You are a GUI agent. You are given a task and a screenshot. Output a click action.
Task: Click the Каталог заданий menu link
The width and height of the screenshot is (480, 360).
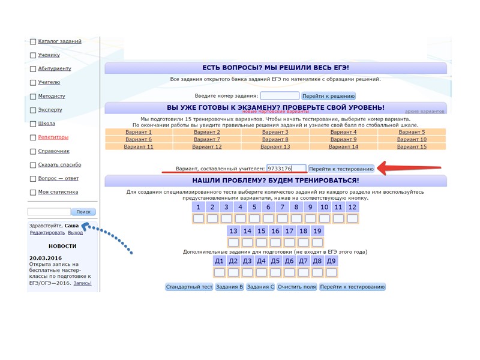click(59, 41)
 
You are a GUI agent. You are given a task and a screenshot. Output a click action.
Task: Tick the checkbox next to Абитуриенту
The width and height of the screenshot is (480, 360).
click(33, 69)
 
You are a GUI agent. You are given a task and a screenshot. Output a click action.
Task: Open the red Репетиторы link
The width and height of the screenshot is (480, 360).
click(53, 137)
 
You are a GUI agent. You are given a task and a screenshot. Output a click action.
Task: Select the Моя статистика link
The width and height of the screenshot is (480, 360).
click(58, 192)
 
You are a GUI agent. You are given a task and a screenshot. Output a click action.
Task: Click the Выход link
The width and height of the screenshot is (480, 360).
click(76, 232)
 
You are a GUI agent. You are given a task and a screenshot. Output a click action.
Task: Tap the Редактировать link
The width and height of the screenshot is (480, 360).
click(47, 232)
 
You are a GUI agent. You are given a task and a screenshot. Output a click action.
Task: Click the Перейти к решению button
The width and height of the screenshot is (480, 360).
click(328, 96)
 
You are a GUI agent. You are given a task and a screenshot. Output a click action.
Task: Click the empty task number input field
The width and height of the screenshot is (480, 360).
click(280, 96)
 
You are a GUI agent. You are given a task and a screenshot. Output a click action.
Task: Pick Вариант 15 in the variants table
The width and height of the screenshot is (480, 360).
click(412, 146)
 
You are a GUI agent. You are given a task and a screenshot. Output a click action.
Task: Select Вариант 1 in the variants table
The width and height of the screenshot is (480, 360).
click(139, 132)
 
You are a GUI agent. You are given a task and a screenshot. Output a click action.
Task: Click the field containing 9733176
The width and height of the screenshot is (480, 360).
click(286, 169)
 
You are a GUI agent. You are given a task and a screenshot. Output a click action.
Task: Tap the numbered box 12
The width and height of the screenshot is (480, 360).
click(352, 208)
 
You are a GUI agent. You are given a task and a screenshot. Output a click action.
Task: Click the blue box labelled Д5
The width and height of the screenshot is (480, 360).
click(275, 261)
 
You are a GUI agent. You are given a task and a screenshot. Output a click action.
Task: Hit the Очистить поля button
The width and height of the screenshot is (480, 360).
click(297, 287)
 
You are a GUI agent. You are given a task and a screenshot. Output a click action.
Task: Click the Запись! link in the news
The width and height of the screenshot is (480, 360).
click(82, 283)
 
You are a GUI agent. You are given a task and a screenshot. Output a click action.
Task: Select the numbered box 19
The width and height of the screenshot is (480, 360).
click(317, 231)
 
